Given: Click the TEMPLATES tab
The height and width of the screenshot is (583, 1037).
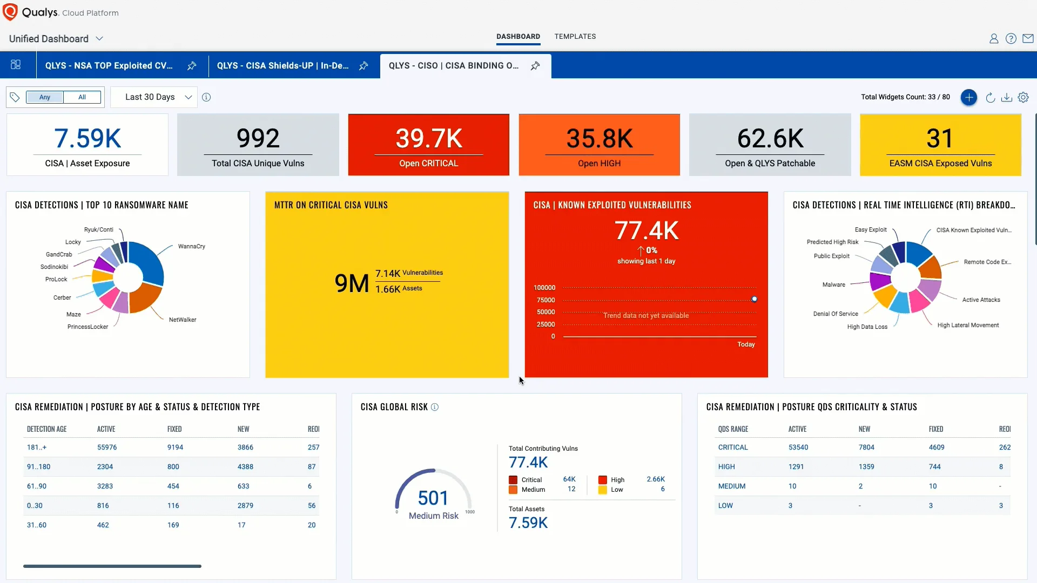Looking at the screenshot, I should coord(575,36).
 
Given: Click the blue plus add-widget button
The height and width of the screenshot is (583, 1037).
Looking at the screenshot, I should coord(968,97).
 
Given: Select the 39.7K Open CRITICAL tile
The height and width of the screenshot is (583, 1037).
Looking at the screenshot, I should coord(428,145).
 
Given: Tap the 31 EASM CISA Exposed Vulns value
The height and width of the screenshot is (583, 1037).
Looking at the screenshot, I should coord(940,139).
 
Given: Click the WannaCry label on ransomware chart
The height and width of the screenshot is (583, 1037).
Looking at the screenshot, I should coord(191,246).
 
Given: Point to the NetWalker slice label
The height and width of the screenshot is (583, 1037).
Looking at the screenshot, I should coord(183,320).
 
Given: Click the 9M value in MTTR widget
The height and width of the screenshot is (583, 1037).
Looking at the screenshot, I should coord(352,283).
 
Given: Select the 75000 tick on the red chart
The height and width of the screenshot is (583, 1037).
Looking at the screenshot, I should coord(546,300).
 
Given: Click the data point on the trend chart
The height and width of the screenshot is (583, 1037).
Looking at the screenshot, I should coord(755,299).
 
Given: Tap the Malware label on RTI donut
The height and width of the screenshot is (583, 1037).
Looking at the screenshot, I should coord(833,284).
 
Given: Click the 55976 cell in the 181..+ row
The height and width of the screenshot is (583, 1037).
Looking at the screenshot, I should coord(107,447).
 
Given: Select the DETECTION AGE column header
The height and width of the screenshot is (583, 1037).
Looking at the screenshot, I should coord(46,429).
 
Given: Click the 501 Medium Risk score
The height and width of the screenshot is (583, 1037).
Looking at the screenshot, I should coord(433,498).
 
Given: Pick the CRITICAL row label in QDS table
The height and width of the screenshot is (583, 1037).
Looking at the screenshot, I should coord(732,447).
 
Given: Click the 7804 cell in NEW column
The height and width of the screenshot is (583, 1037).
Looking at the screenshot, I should coord(866,447).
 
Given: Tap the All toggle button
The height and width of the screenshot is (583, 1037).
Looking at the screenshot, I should coord(82,97).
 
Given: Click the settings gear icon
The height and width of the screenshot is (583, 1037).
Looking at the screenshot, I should coord(1023,97).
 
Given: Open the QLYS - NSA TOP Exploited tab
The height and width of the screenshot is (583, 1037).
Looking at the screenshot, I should coord(109,65).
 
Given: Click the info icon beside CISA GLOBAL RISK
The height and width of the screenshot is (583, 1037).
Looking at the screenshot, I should coord(435,407).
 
